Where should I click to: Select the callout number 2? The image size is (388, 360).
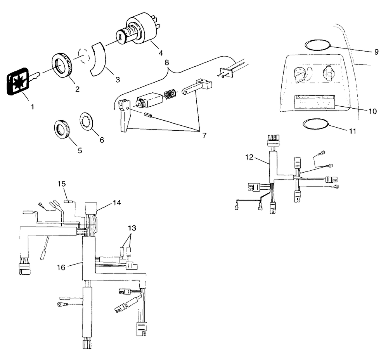[77, 89]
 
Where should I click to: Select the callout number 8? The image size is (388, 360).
[167, 62]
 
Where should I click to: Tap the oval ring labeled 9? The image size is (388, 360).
[317, 45]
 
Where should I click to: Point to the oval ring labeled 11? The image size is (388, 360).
[315, 125]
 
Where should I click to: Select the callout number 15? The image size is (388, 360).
[62, 183]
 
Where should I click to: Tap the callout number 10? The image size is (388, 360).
[372, 111]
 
